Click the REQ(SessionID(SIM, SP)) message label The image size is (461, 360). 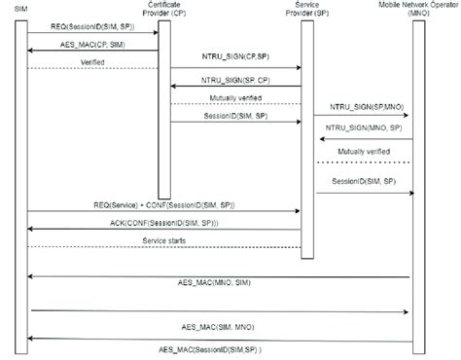(92, 29)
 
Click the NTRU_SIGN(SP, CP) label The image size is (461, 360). (236, 80)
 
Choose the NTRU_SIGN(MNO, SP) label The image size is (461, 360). (360, 126)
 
